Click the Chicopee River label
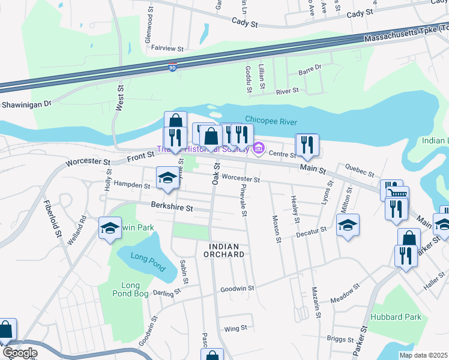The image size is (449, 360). pos(271,122)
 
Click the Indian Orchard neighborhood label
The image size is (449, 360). pos(227,250)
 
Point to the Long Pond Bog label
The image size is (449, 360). pos(130,289)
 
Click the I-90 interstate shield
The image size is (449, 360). pos(173,68)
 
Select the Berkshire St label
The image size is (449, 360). pos(172,208)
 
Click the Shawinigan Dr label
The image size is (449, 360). pos(27,104)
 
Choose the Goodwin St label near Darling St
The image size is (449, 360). pos(234,289)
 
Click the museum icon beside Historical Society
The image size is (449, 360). pos(259,148)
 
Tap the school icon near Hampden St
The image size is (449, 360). pos(167,177)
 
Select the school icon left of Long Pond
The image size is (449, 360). pos(110,228)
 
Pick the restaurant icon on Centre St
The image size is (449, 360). pos(307,145)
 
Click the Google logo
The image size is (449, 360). pos(19,353)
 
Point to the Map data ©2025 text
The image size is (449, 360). pos(423,355)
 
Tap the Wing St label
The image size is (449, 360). pos(235,328)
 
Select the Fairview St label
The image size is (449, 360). pos(167,47)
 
